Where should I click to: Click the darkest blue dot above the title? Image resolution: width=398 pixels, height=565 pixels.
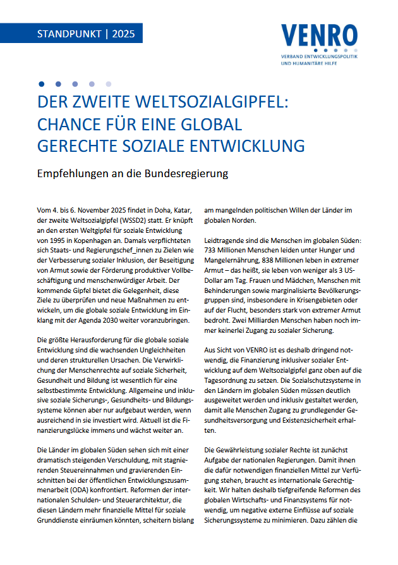point(42,84)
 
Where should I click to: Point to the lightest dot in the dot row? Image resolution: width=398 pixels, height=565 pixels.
point(108,84)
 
